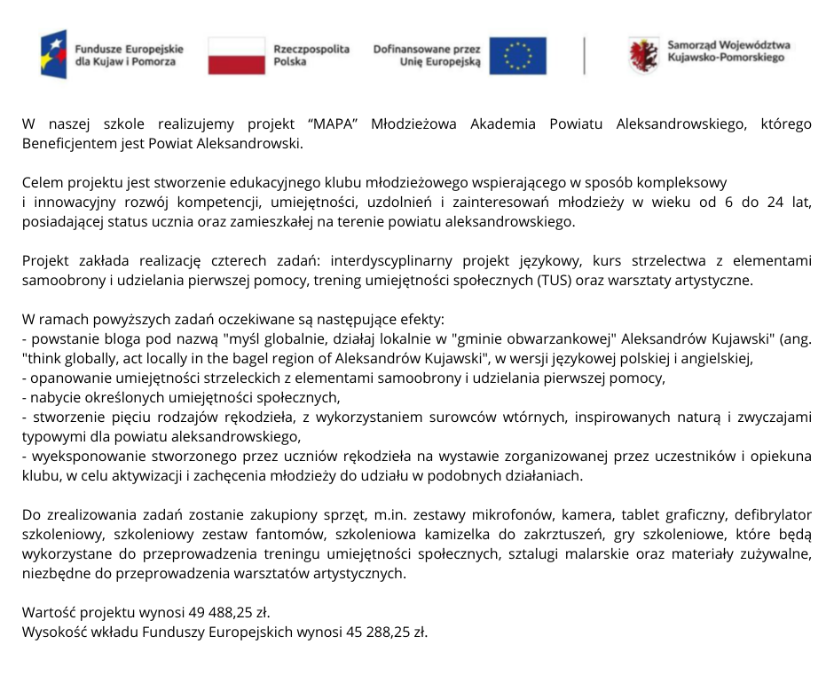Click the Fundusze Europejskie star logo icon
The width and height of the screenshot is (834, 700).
(x=53, y=54)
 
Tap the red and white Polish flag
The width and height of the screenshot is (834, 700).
(x=236, y=55)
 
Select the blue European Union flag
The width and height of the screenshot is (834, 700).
(x=518, y=55)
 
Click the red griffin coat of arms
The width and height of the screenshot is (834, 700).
(x=642, y=55)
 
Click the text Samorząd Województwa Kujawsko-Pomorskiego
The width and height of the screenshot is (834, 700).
(x=728, y=51)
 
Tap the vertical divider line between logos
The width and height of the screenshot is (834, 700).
(x=584, y=55)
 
